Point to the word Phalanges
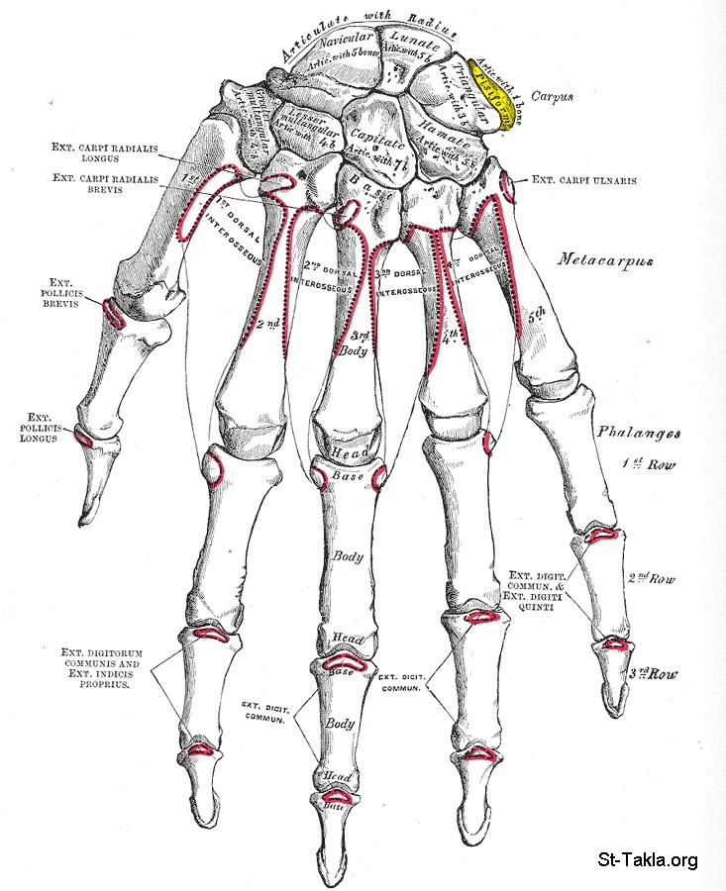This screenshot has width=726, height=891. (x=635, y=433)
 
